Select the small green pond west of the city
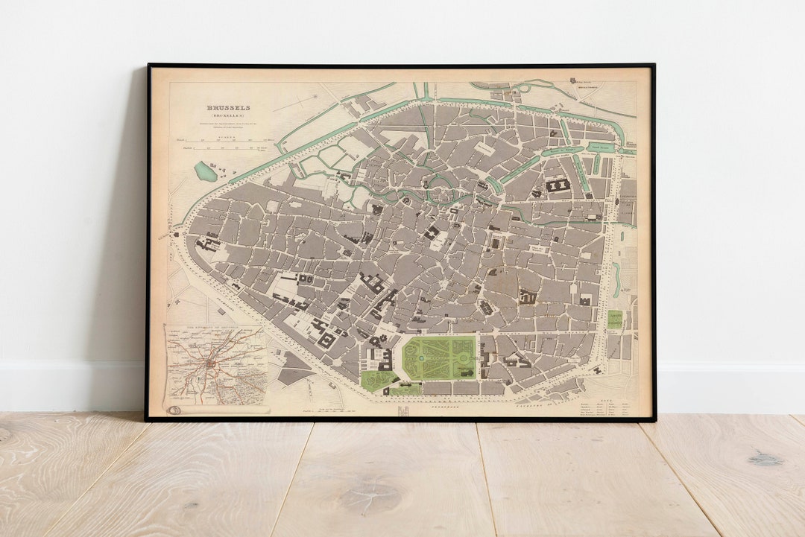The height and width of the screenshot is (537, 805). [205, 171]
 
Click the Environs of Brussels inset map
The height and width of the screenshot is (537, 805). [215, 365]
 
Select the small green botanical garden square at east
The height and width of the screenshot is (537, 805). [615, 320]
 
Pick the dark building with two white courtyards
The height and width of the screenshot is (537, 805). [558, 185]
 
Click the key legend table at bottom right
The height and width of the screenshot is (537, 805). [606, 407]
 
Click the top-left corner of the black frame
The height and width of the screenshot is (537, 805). [148, 66]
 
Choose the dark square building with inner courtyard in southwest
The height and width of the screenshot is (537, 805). [326, 340]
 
